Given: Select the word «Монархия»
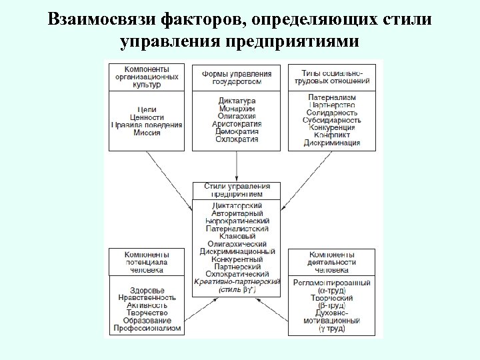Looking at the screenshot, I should [237, 109].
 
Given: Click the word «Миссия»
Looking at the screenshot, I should [146, 133].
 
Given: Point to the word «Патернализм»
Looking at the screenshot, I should [331, 97].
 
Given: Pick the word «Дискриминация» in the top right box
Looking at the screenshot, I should [331, 143].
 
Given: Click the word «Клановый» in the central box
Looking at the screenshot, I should [237, 235].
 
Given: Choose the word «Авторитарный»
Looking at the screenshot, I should [237, 213].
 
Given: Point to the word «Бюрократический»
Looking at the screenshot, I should [237, 220].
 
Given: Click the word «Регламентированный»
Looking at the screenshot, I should [331, 283].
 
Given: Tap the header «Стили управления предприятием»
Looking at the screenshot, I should [237, 189].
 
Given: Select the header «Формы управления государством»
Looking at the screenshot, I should [237, 77].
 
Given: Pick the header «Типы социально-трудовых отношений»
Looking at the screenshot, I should [331, 76].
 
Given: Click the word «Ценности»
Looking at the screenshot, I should [146, 117].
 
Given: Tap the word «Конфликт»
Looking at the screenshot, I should [331, 135].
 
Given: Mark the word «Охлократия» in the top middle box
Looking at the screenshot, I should [237, 139].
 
